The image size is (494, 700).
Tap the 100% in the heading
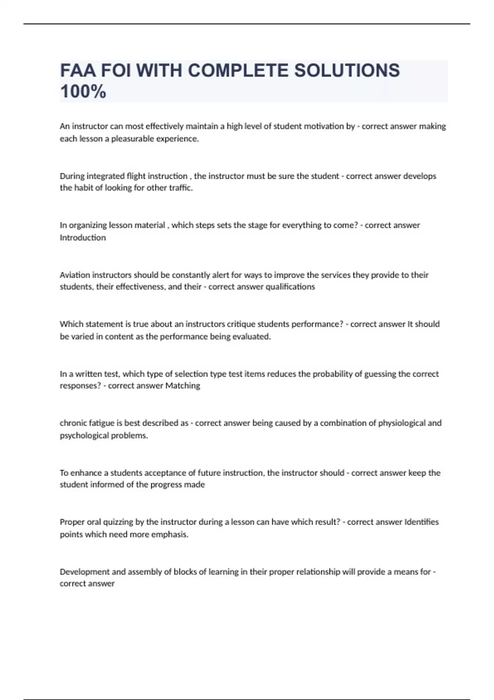[x=83, y=91]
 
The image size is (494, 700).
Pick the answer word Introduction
[x=83, y=238]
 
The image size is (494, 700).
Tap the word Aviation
[x=75, y=275]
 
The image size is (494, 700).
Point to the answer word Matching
[x=182, y=386]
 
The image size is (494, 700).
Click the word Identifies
[x=422, y=522]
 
